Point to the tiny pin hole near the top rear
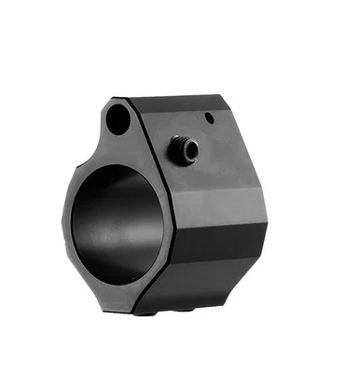click(x=211, y=118)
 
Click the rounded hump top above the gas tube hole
click(x=118, y=99)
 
